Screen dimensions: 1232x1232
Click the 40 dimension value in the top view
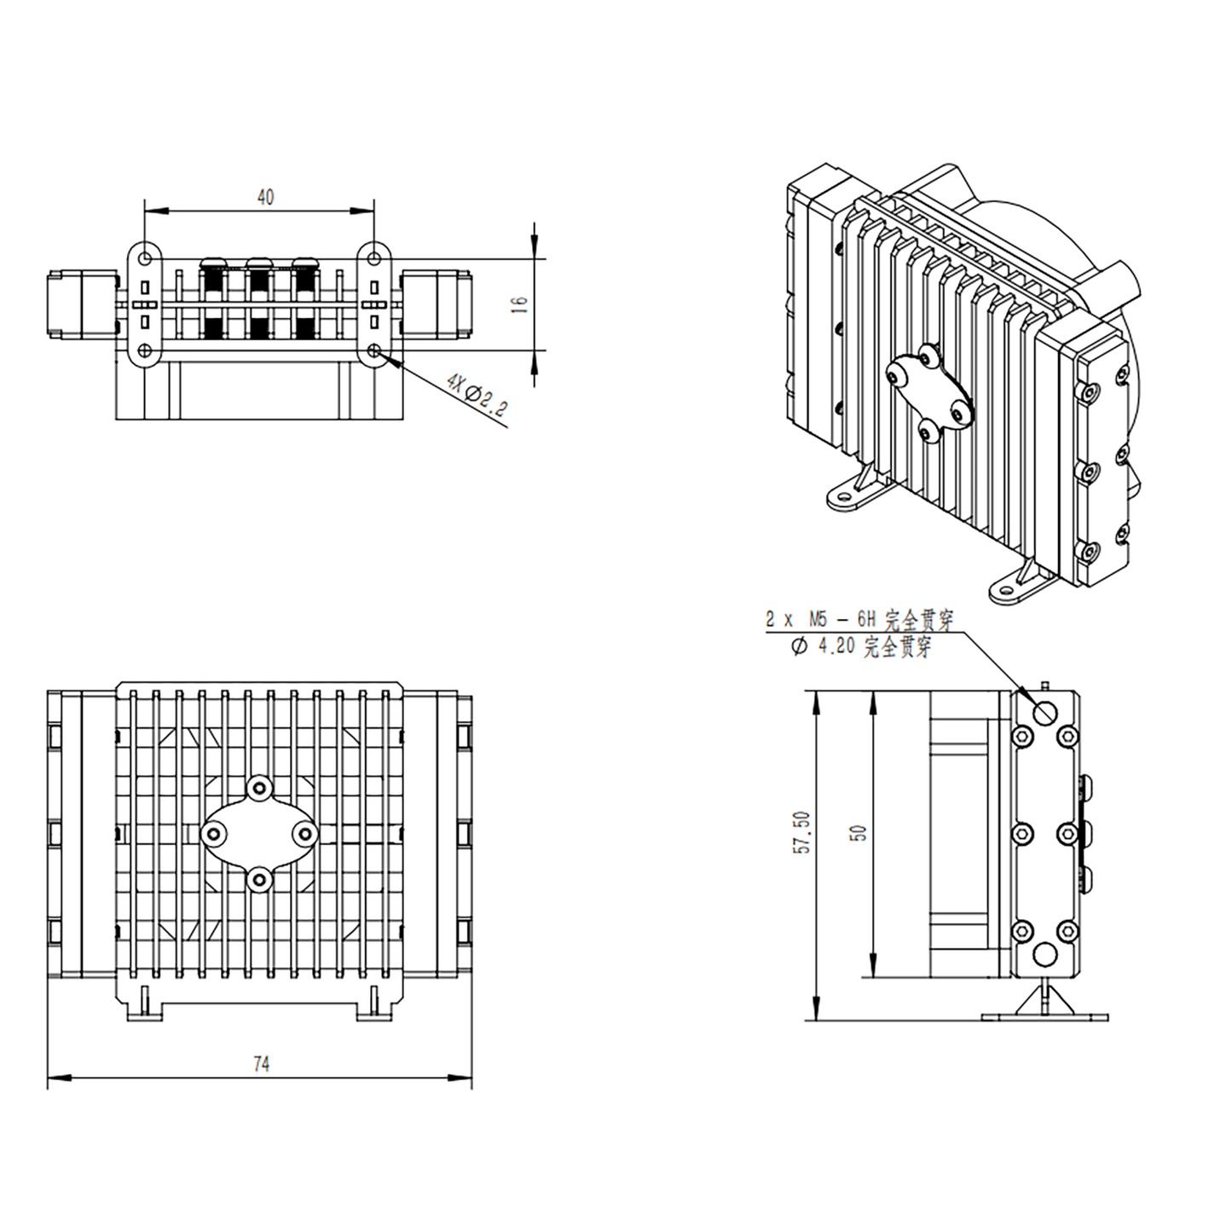point(265,197)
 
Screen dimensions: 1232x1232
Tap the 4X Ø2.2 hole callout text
point(477,396)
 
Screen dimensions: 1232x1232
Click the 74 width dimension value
point(261,1063)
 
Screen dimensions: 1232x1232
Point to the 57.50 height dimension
point(802,833)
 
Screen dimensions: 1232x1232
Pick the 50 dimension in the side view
point(859,833)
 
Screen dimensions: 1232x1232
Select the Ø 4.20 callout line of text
point(861,647)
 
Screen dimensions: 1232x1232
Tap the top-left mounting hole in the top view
point(146,257)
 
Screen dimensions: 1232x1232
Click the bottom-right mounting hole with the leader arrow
point(374,350)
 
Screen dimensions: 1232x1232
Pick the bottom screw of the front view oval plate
point(259,877)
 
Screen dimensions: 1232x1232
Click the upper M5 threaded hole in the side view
point(1044,713)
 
